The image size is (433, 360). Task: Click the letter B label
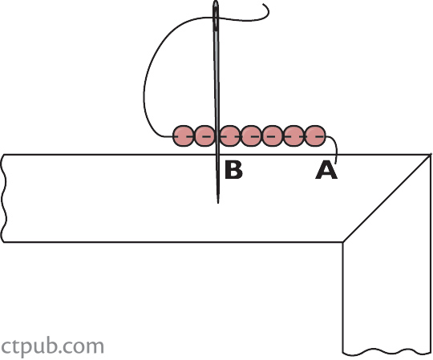click(x=233, y=170)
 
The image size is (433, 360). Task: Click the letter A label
click(x=326, y=170)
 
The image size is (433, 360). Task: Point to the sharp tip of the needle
click(x=218, y=203)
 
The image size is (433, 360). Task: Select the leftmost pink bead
click(x=183, y=136)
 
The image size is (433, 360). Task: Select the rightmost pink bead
click(x=316, y=136)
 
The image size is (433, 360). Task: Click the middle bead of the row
click(x=251, y=136)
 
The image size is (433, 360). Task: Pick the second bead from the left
click(x=204, y=136)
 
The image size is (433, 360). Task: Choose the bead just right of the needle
click(x=230, y=136)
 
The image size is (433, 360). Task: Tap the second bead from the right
click(x=293, y=136)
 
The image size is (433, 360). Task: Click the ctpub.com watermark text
click(x=52, y=346)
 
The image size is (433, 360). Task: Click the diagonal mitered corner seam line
click(x=386, y=198)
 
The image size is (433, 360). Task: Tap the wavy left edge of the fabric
click(x=4, y=198)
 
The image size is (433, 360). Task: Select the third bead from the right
click(x=273, y=136)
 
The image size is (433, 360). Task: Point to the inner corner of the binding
click(x=343, y=242)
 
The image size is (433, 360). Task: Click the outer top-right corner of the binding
click(x=431, y=155)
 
